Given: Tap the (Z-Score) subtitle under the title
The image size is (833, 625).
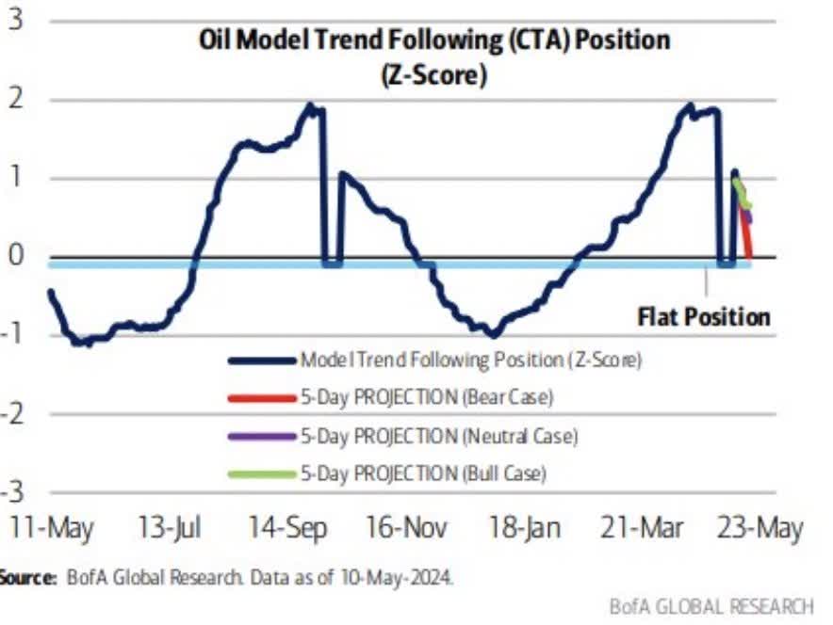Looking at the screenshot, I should [434, 74].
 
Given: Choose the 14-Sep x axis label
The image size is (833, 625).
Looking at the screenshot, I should [287, 528].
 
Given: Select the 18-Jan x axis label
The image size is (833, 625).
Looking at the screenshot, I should [524, 528].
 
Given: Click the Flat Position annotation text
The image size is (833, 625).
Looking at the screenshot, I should [703, 316].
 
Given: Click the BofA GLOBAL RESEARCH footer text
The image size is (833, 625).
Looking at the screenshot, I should [710, 605].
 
